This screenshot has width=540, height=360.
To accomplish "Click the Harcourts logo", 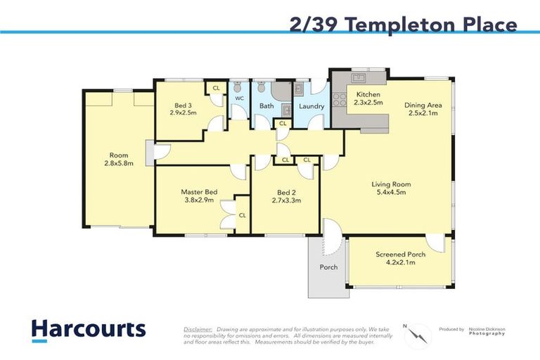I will tap(88, 330).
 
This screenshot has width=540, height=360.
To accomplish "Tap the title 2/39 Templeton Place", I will tap(403, 25).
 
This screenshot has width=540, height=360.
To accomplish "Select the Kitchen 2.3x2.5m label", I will tap(368, 98).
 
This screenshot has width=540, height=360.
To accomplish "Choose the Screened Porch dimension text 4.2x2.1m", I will tap(394, 262).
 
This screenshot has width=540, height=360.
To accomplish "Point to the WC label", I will tap(239, 98).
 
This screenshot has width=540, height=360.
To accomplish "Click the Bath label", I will tap(266, 106).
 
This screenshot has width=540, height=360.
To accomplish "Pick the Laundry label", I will tap(311, 107).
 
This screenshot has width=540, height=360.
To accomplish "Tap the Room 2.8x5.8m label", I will tap(118, 160).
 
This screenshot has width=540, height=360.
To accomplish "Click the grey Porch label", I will tap(328, 266).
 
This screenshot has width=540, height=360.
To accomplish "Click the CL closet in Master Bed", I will tap(242, 215).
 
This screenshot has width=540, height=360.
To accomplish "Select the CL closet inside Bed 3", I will tap(216, 88).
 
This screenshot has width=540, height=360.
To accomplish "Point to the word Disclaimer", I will tap(198, 328).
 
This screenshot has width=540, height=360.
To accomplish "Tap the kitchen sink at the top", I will tap(358, 77).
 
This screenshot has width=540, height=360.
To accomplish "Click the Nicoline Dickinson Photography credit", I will tap(488, 331).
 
